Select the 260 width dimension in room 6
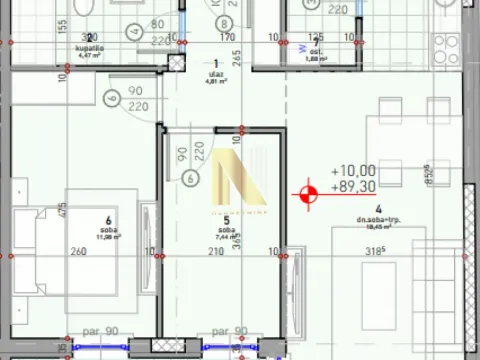point(78,252)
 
